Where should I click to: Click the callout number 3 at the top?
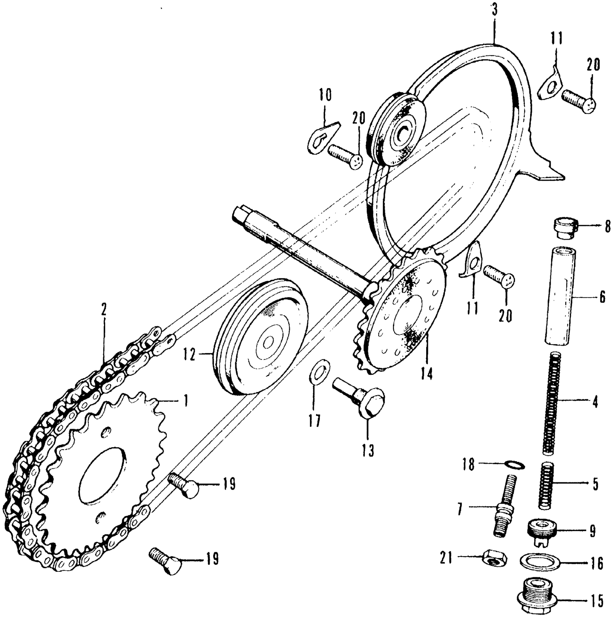coord(494,10)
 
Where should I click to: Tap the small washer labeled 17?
coord(320,372)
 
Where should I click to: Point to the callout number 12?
coord(189,355)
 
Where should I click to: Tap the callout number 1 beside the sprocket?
coord(185,401)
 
